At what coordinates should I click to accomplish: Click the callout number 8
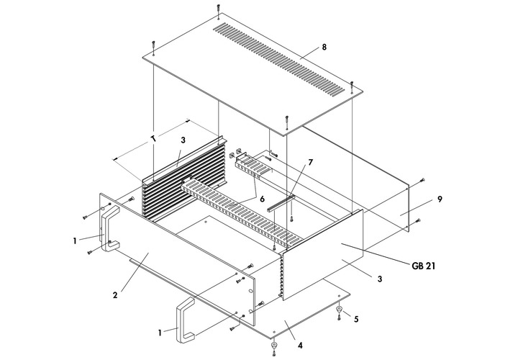pos(324,47)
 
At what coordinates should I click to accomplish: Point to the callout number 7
pos(311,162)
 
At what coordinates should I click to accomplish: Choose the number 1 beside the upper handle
pos(74,240)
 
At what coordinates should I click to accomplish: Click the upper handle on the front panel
pos(109,227)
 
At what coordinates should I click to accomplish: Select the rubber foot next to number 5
pos(339,310)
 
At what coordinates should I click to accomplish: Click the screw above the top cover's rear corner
pos(218,9)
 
